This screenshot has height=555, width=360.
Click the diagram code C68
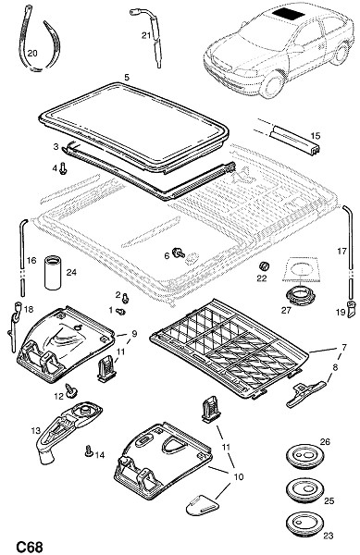tap(30, 547)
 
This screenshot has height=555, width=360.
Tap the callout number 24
tap(71, 272)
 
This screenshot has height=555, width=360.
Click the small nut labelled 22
tap(264, 265)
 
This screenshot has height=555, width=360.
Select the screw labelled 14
tap(89, 450)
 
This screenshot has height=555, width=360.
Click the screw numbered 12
tap(72, 390)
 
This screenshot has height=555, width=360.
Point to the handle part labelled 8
tap(305, 393)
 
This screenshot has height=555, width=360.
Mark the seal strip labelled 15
tap(293, 140)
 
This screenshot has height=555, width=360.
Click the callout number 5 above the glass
tap(127, 77)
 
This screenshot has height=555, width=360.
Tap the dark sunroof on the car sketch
tap(289, 14)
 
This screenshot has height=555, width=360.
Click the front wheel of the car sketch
tap(271, 84)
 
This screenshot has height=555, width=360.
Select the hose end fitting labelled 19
tap(352, 308)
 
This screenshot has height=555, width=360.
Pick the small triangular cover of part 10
tap(202, 505)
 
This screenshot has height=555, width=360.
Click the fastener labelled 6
tap(179, 253)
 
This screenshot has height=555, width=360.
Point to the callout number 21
tap(146, 35)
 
